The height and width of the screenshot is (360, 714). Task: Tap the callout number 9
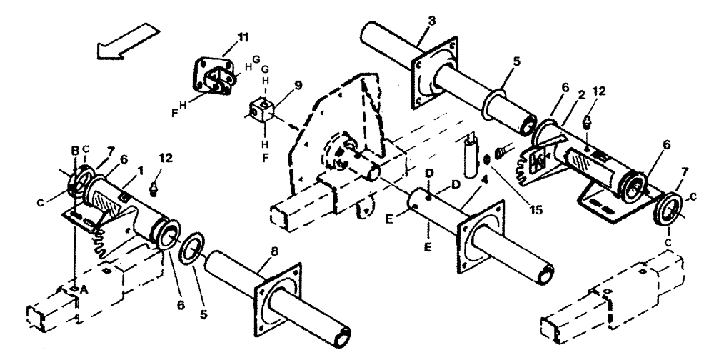pos(298,84)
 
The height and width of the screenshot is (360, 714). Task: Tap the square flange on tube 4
pos(479,235)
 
